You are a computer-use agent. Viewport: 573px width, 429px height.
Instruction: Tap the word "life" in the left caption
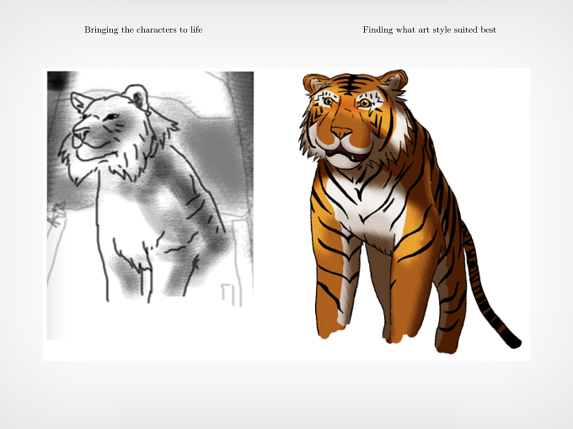point(196,29)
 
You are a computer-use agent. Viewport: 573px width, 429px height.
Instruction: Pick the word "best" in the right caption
point(488,29)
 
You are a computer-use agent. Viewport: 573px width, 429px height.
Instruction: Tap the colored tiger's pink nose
point(341,131)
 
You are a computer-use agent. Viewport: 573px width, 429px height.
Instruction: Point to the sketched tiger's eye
point(111,117)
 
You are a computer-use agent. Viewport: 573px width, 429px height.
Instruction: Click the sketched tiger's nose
point(80,130)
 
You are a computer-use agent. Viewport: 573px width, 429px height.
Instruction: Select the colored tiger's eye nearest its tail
point(364,103)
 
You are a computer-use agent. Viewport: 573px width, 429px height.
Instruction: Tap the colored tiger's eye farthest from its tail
point(328,101)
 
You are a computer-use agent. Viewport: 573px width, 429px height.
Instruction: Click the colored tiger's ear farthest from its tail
point(313,83)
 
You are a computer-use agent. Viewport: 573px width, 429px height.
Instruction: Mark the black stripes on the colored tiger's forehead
point(350,85)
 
